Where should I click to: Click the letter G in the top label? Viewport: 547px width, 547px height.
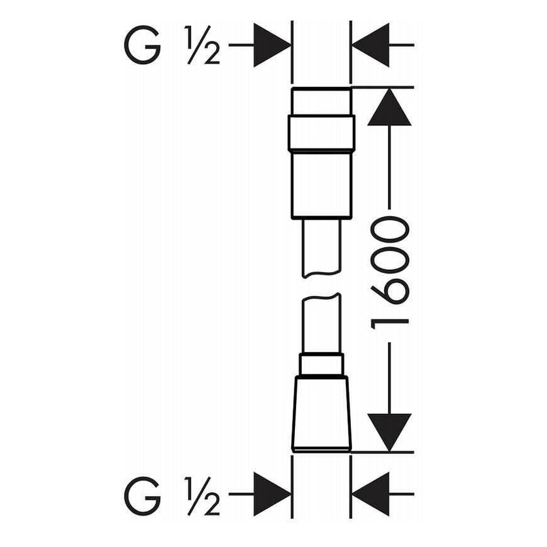[x=142, y=45]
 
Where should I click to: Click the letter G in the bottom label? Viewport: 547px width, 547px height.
[x=142, y=494]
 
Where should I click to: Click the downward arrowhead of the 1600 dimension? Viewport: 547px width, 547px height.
[x=389, y=433]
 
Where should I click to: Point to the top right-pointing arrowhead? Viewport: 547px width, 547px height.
[x=272, y=45]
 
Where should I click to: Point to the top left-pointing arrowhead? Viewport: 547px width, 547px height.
[x=370, y=45]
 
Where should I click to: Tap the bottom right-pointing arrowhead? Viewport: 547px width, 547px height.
[x=272, y=494]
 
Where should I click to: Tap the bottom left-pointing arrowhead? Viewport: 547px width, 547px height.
[x=370, y=494]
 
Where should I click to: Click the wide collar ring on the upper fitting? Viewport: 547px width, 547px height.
[x=321, y=133]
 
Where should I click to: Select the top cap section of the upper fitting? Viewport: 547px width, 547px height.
[x=321, y=101]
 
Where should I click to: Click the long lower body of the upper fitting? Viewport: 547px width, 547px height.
[x=321, y=185]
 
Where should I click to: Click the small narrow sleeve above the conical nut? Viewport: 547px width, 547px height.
[x=321, y=365]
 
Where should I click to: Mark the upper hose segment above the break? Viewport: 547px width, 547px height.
[x=321, y=248]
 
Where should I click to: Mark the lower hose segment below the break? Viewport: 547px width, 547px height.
[x=321, y=324]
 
